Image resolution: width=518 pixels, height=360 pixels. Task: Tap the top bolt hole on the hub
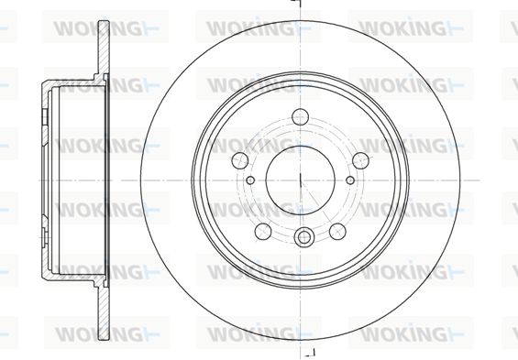click(301, 117)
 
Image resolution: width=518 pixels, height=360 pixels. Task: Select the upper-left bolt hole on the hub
click(240, 160)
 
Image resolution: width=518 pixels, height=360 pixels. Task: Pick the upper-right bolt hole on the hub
click(360, 160)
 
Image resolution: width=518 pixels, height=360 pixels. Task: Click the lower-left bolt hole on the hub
click(263, 232)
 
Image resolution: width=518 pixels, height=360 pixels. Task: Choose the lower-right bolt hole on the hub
click(337, 232)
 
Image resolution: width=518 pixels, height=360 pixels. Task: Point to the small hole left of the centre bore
click(250, 180)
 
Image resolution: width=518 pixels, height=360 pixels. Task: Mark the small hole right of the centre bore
click(350, 180)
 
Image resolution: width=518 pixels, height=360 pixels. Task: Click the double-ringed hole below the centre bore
click(303, 237)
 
